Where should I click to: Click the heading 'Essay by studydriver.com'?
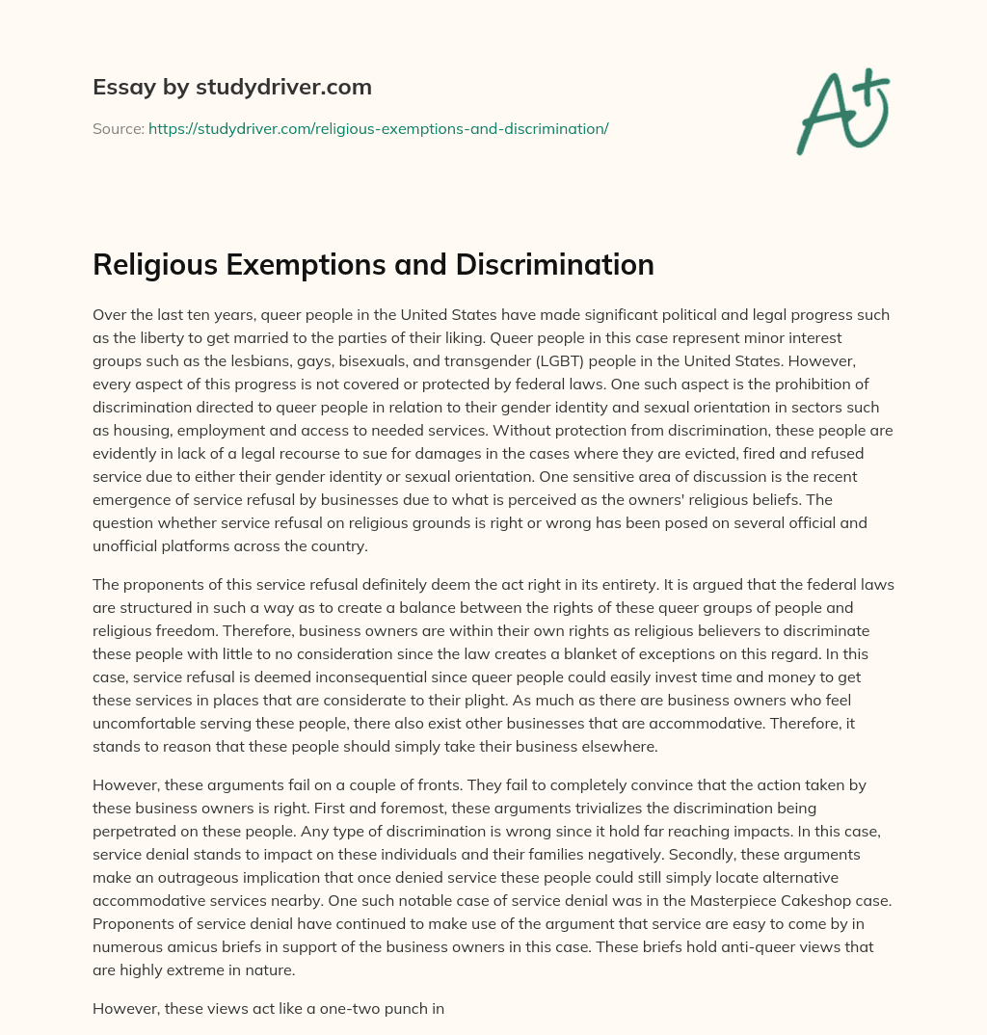point(231,88)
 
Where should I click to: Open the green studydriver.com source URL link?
point(378,128)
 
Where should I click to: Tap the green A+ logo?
point(841,111)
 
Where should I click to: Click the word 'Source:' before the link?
point(118,128)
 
